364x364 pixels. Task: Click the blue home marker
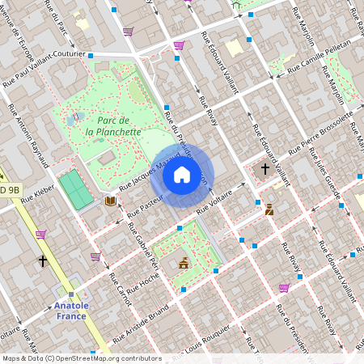(x=182, y=175)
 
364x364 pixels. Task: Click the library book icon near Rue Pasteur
(x=110, y=200)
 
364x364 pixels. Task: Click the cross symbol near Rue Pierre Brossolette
(x=265, y=168)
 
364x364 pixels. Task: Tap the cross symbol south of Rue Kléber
(x=43, y=261)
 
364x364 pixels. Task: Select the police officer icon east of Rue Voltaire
(x=269, y=209)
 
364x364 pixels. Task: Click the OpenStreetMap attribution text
(x=81, y=358)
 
